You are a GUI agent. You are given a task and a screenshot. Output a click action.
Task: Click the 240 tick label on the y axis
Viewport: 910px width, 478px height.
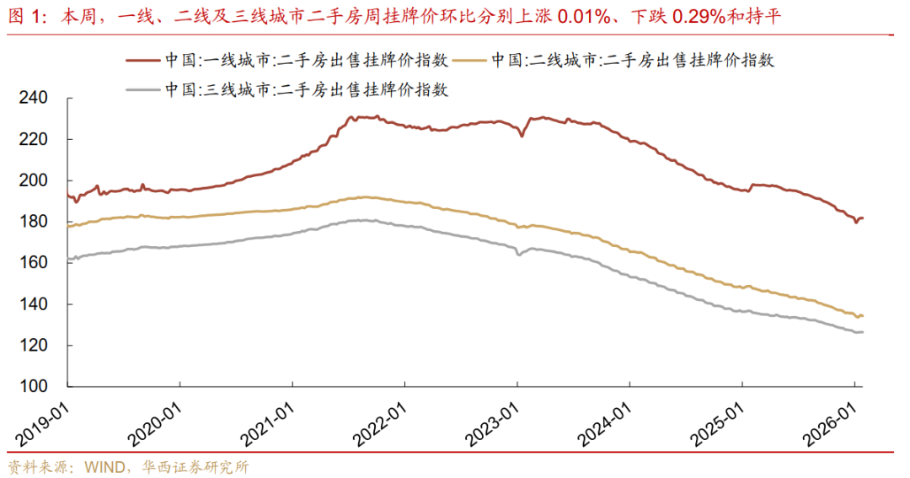(x=33, y=98)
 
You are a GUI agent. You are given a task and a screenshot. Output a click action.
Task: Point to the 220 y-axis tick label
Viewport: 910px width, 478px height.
(x=33, y=139)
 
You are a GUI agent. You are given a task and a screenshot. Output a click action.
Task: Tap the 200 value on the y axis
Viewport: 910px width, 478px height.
(x=33, y=180)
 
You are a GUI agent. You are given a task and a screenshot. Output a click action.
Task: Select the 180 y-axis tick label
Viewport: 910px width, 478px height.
(x=33, y=221)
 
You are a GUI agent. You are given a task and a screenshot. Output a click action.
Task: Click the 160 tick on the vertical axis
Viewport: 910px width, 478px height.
(x=33, y=262)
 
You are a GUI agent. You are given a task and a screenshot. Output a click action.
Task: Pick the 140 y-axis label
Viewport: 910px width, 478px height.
(x=33, y=303)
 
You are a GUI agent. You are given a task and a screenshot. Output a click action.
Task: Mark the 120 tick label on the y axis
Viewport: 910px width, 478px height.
(x=33, y=345)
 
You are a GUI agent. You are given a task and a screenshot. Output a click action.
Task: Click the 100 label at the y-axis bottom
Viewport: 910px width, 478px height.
(x=33, y=386)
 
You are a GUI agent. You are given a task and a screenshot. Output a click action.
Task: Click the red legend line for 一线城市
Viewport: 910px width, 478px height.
(x=142, y=60)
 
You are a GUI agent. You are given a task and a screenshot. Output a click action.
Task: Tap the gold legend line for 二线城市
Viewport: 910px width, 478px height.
(x=469, y=60)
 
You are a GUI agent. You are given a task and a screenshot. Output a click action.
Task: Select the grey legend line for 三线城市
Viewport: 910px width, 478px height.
(x=142, y=89)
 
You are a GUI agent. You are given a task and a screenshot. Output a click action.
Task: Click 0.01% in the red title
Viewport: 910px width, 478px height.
(x=584, y=17)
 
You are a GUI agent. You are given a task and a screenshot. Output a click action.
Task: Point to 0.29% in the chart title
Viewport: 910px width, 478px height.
(x=699, y=17)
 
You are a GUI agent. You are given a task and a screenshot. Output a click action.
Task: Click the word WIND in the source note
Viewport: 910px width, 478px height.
(x=104, y=467)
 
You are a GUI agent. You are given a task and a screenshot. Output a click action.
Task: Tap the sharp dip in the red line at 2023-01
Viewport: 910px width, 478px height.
(x=522, y=136)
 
